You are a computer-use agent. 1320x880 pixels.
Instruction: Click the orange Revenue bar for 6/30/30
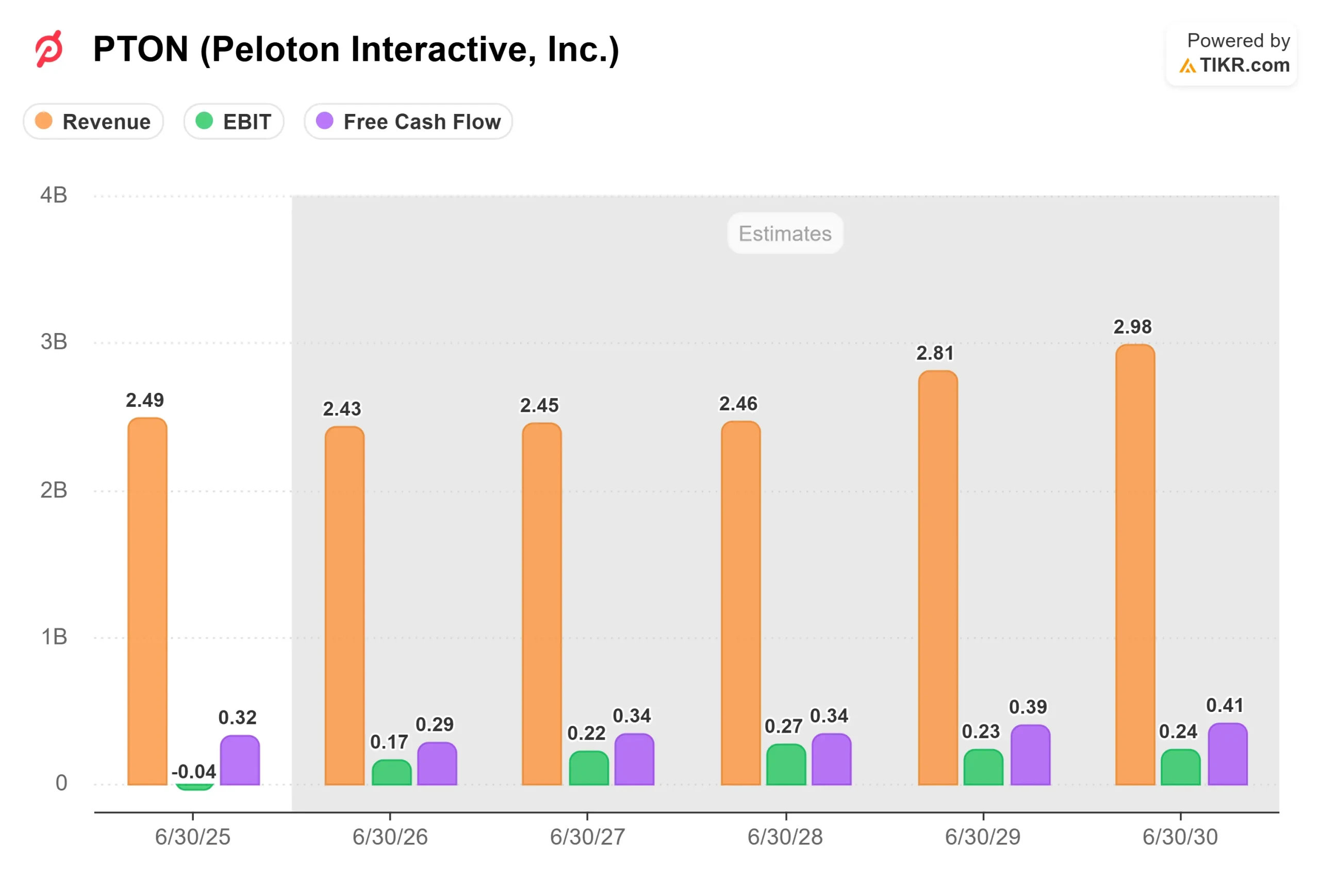(1135, 564)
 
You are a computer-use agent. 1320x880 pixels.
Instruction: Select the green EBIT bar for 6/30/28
(786, 765)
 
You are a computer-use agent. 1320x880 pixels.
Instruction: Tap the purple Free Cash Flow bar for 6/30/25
(240, 760)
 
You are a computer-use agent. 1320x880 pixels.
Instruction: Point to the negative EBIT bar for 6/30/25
(194, 787)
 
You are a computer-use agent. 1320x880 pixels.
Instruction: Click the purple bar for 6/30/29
(1030, 755)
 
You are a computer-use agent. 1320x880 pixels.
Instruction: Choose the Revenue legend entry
(94, 121)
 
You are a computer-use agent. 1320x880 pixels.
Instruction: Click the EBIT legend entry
(234, 121)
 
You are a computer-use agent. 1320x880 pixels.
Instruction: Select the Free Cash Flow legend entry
(408, 121)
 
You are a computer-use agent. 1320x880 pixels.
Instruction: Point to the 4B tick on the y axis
(54, 195)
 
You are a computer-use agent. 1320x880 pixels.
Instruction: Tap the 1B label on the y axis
(54, 637)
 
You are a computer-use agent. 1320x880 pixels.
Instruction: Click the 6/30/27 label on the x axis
(587, 837)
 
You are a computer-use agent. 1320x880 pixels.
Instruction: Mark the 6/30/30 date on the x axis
(1180, 837)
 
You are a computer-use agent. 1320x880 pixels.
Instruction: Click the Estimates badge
(785, 233)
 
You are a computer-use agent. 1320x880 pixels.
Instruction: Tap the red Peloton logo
(49, 49)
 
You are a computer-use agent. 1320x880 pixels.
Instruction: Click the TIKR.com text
(1244, 65)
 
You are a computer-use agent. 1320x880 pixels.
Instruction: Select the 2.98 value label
(1132, 327)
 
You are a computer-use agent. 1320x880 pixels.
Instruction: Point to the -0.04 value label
(194, 771)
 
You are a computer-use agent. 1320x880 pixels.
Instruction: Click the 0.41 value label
(1225, 705)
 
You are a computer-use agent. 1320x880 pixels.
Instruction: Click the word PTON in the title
(140, 49)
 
